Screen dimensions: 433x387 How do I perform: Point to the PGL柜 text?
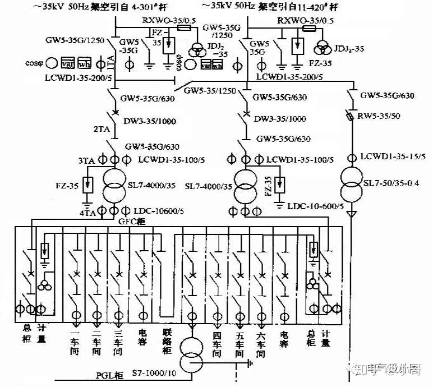tap(103, 374)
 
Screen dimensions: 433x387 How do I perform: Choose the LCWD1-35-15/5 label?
tap(393, 158)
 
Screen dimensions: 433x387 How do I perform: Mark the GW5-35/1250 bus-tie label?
tap(210, 90)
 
